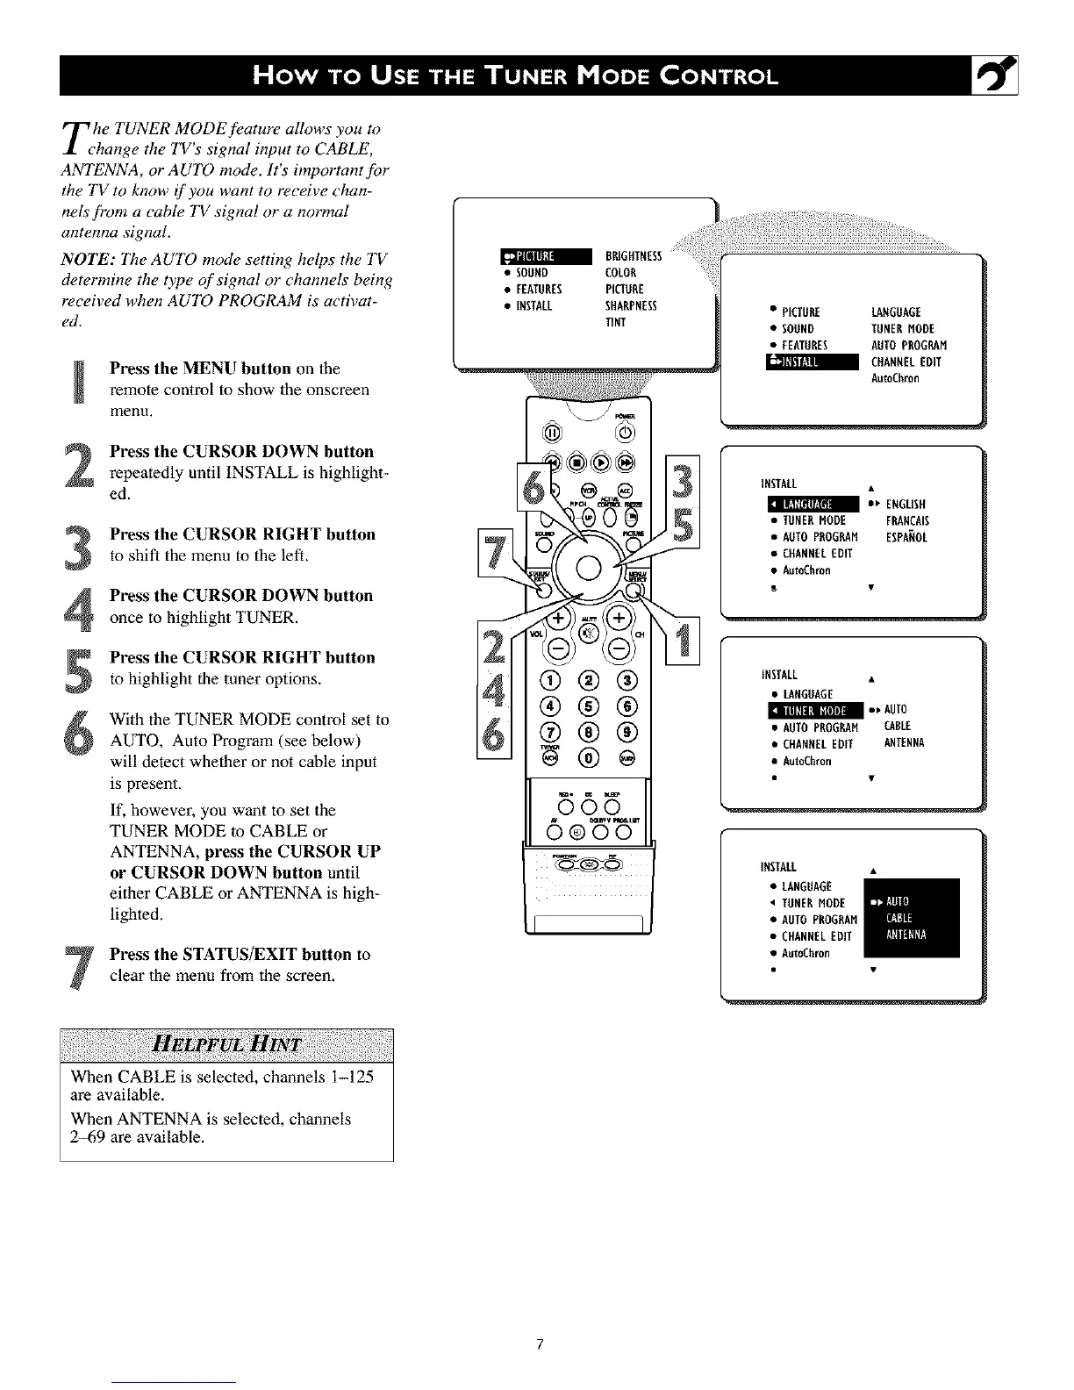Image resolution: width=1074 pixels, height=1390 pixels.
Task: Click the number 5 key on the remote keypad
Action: click(588, 706)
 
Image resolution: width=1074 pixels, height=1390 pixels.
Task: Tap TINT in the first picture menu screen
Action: click(615, 322)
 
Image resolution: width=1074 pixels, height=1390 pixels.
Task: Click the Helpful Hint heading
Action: click(226, 1044)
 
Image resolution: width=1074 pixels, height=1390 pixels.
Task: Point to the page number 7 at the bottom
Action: click(541, 1344)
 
